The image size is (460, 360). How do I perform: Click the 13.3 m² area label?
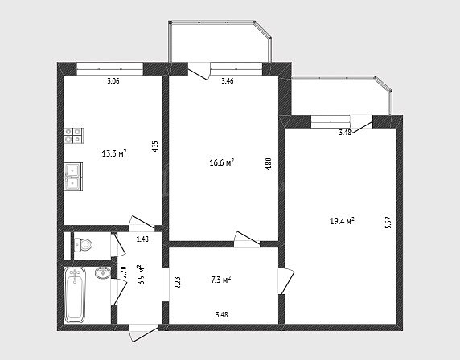coord(114,153)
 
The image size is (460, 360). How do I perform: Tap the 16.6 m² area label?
coord(222,162)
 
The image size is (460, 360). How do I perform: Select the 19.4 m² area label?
coord(342,221)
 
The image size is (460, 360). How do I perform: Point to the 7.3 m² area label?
coord(221,280)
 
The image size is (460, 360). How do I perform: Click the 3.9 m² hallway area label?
coord(141,275)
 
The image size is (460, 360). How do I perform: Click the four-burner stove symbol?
coord(74,136)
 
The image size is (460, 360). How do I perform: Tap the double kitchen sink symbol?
coord(73,177)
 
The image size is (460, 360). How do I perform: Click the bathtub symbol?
coord(75,295)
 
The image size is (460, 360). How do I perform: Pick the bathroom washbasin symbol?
coord(103,273)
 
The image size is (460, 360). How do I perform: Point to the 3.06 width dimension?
coord(113,81)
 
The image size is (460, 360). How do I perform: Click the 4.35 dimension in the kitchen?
coord(155,146)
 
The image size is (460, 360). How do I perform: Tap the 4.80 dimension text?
coord(268,165)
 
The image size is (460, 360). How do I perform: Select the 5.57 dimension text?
coord(388,223)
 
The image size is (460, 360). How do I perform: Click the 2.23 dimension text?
coord(177,283)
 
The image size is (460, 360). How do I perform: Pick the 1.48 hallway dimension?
coord(142,239)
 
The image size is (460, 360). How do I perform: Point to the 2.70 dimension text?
coord(123,272)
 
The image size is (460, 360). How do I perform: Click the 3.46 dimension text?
coord(228,81)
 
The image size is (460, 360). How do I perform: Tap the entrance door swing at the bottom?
coord(143,333)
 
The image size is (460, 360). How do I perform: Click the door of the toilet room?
coord(118,244)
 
